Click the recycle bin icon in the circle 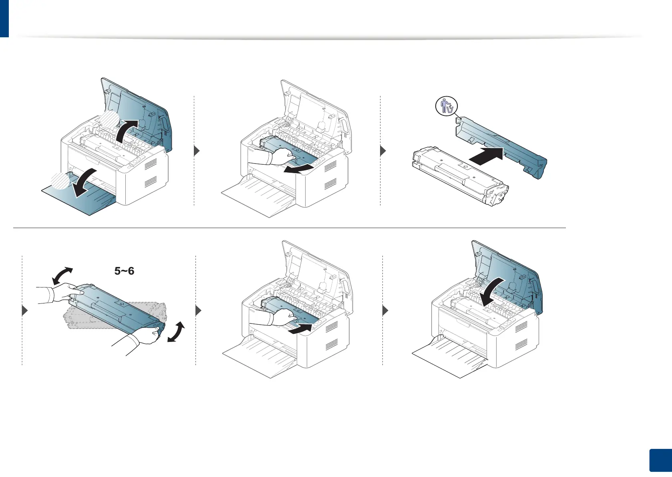point(447,107)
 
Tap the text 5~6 point(124,271)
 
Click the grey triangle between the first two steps point(196,151)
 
